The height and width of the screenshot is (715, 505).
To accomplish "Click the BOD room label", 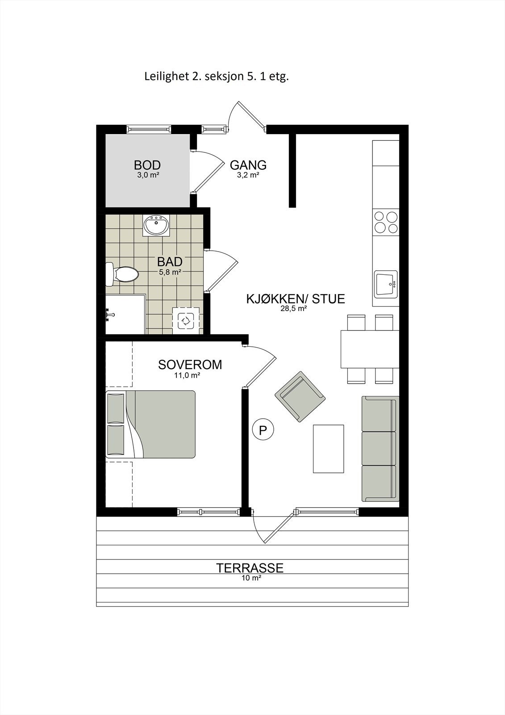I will pyautogui.click(x=147, y=165).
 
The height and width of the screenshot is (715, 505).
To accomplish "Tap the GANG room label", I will pyautogui.click(x=248, y=165).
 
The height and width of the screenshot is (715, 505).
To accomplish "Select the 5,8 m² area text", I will pyautogui.click(x=169, y=272).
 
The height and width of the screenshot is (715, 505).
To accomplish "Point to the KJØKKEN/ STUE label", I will pyautogui.click(x=296, y=299).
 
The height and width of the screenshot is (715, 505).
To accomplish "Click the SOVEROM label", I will pyautogui.click(x=190, y=365).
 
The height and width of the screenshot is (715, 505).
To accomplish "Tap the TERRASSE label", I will pyautogui.click(x=250, y=568).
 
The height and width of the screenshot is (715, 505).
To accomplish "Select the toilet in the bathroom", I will pyautogui.click(x=123, y=274).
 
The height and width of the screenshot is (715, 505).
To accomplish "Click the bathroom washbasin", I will pyautogui.click(x=156, y=225).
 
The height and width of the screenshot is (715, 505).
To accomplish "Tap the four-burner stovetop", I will pyautogui.click(x=386, y=222).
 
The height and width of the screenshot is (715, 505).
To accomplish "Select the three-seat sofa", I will pyautogui.click(x=380, y=449).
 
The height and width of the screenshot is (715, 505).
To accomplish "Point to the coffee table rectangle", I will pyautogui.click(x=328, y=449).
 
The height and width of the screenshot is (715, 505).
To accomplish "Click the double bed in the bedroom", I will pyautogui.click(x=151, y=424).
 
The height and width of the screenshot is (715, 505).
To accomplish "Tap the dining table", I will pyautogui.click(x=370, y=349).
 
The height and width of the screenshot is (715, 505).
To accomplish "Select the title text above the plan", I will pyautogui.click(x=217, y=76).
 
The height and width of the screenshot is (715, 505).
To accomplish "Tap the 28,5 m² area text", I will pyautogui.click(x=296, y=308).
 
